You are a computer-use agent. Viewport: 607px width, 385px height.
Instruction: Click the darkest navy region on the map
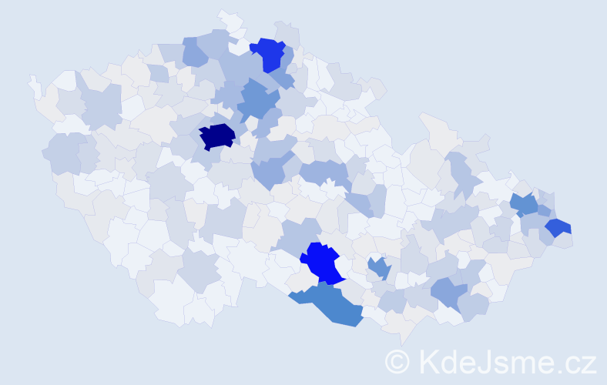pyautogui.click(x=216, y=136)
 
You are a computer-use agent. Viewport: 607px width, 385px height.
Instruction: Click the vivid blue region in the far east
pyautogui.click(x=558, y=227)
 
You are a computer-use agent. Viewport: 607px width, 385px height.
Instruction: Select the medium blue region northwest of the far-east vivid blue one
pyautogui.click(x=524, y=204)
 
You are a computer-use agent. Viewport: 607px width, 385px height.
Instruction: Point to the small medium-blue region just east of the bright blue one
pyautogui.click(x=378, y=268)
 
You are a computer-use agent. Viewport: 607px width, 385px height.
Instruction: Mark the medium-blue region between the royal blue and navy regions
pyautogui.click(x=258, y=100)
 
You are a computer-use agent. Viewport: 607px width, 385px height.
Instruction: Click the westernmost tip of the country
pyautogui.click(x=30, y=79)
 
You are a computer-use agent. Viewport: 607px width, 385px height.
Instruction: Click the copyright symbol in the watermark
pyautogui.click(x=398, y=360)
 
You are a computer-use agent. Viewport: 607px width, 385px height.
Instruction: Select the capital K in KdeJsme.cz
pyautogui.click(x=427, y=360)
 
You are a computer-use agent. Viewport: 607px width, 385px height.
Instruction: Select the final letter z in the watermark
pyautogui.click(x=588, y=363)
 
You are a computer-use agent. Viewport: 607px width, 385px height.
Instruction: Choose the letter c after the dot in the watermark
pyautogui.click(x=571, y=363)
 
